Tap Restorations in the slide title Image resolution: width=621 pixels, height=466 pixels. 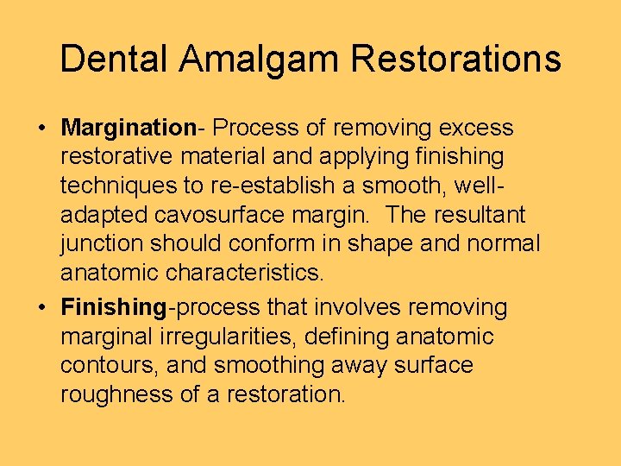point(456,59)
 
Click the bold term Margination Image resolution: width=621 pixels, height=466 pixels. point(129,129)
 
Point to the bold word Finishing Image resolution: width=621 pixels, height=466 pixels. point(113,307)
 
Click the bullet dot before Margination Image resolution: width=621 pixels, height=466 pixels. point(41,129)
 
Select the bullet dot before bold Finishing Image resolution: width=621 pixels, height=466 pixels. point(41,308)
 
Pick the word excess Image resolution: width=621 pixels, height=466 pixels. point(476,129)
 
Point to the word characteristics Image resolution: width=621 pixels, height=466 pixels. point(244,274)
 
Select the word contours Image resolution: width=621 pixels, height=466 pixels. point(108,366)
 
